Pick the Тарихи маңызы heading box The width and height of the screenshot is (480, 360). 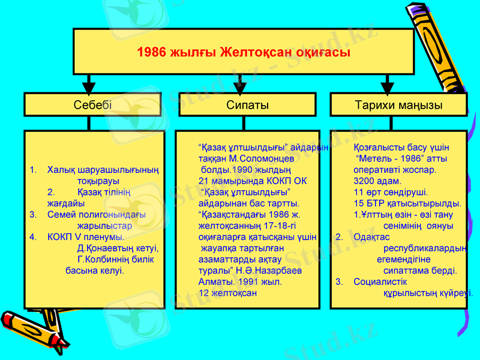tap(398, 105)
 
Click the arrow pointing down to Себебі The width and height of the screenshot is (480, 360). tap(89, 83)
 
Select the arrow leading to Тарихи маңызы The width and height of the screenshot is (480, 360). tap(387, 83)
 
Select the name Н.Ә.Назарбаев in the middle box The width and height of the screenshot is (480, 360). tap(268, 271)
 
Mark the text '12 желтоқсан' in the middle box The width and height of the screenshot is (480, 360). tap(227, 293)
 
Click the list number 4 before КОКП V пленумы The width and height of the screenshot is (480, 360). tap(33, 237)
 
